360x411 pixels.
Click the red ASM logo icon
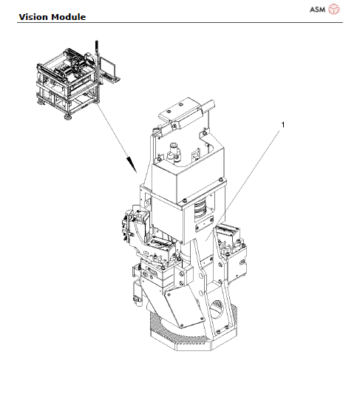pos(334,10)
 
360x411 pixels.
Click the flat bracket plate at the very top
pos(186,110)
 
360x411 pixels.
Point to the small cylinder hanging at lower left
pos(137,296)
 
